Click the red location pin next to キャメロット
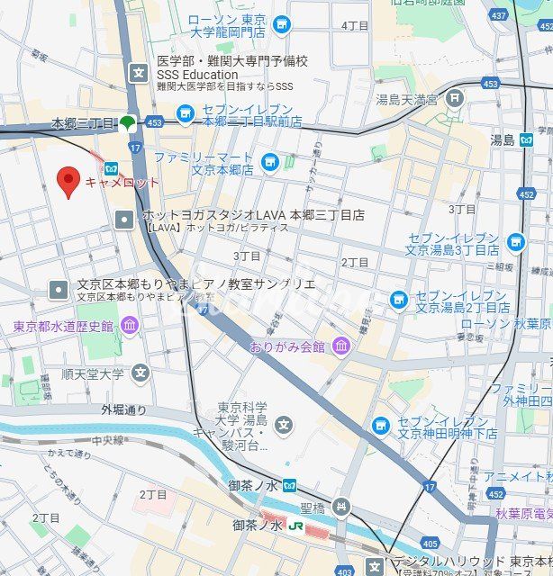(68, 181)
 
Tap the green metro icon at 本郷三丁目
(129, 122)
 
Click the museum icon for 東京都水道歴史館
(130, 325)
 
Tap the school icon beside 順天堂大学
(140, 372)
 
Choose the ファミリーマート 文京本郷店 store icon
(269, 162)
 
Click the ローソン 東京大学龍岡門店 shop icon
(282, 23)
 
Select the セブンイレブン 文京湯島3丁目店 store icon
(515, 241)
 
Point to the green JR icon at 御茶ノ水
(294, 526)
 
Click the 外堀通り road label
(123, 409)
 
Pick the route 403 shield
(344, 571)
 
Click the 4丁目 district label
(355, 25)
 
